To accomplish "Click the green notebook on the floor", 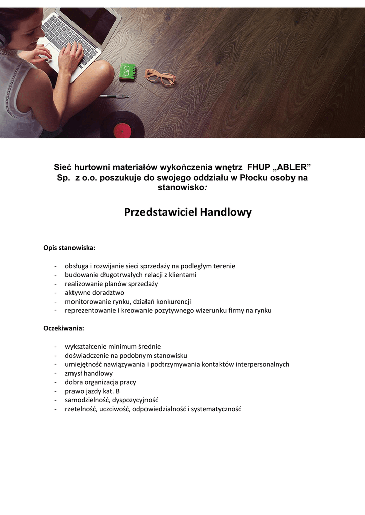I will [128, 72].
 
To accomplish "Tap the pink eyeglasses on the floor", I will [160, 77].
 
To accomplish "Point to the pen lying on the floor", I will [114, 96].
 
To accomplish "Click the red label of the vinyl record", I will [122, 131].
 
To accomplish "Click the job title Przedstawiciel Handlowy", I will [188, 212].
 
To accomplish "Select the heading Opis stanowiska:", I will [69, 248].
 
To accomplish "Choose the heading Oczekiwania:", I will [63, 328].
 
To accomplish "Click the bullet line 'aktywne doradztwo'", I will [94, 292].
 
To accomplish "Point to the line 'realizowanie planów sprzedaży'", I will [111, 284].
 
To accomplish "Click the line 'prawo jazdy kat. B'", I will [92, 391].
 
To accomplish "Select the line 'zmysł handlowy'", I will [89, 373].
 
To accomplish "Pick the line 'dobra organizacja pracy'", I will [100, 382].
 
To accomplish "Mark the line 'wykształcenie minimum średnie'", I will [112, 346].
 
